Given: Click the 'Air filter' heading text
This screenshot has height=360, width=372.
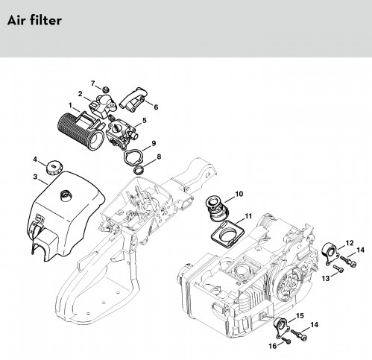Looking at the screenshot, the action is [34, 20].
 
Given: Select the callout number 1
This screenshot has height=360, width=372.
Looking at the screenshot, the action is [70, 106].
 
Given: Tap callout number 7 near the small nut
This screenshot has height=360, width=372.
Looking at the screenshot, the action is [93, 83].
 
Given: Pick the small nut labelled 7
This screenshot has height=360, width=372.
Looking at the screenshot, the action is [106, 89].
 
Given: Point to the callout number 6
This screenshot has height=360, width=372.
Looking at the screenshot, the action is [156, 107].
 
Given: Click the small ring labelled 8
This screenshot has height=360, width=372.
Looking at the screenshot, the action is [139, 171].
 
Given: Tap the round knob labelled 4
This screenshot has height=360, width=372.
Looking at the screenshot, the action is [54, 168].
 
